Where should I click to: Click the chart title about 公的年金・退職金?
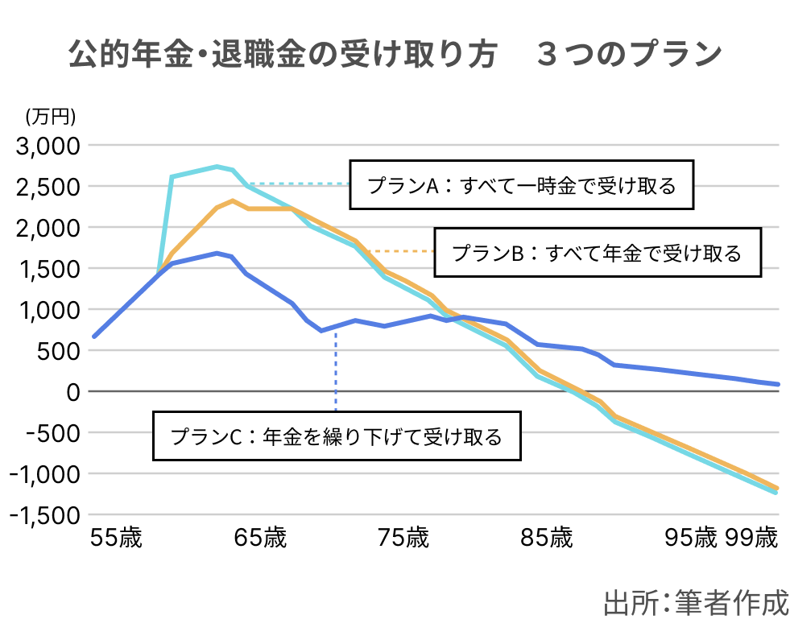[395, 55]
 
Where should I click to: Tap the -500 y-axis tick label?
[52, 432]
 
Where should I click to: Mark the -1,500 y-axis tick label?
[45, 515]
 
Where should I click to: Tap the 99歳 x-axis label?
[751, 538]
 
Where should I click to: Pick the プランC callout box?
[337, 437]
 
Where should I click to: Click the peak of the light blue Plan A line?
[217, 167]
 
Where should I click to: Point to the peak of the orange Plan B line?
[232, 200]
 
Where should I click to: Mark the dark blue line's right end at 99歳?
[778, 384]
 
